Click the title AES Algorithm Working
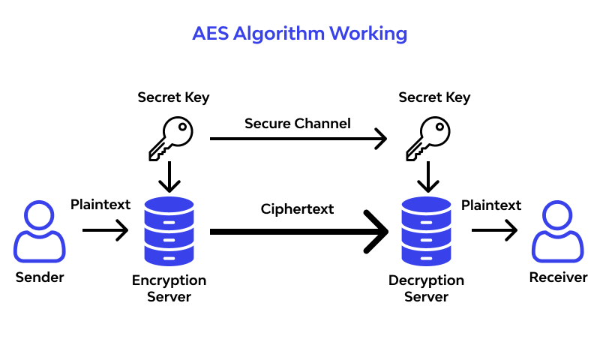coord(300,34)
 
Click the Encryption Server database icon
coord(169,230)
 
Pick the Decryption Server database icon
coord(426,230)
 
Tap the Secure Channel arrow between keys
coord(298,139)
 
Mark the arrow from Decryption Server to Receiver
coord(494,230)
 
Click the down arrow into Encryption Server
coord(170,178)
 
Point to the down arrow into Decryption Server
coord(427,178)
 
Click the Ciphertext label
coord(298,209)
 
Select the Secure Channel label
coord(298,123)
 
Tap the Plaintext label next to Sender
coord(100,205)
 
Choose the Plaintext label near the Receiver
coord(491,205)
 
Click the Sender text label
coord(40,277)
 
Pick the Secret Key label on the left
coord(173,97)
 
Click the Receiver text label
coord(559,277)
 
